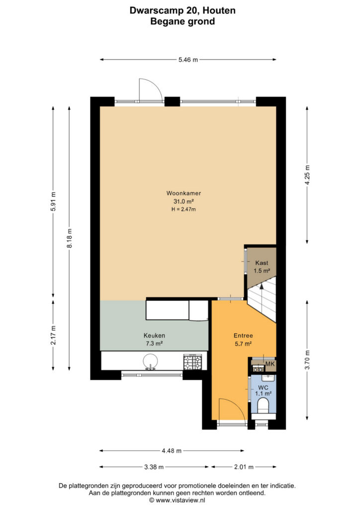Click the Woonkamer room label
coord(183,193)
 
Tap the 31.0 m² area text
coord(184,202)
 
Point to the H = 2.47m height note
coord(184,209)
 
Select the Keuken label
coord(154,336)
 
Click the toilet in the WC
coord(263,406)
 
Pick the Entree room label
coord(243,336)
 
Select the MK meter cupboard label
coord(270,364)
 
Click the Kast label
coord(262,263)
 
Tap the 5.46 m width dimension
coord(188,60)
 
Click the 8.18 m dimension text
coord(70,238)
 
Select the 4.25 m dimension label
coord(307,175)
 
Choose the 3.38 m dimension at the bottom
coord(154,467)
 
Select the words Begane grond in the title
coord(182,21)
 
